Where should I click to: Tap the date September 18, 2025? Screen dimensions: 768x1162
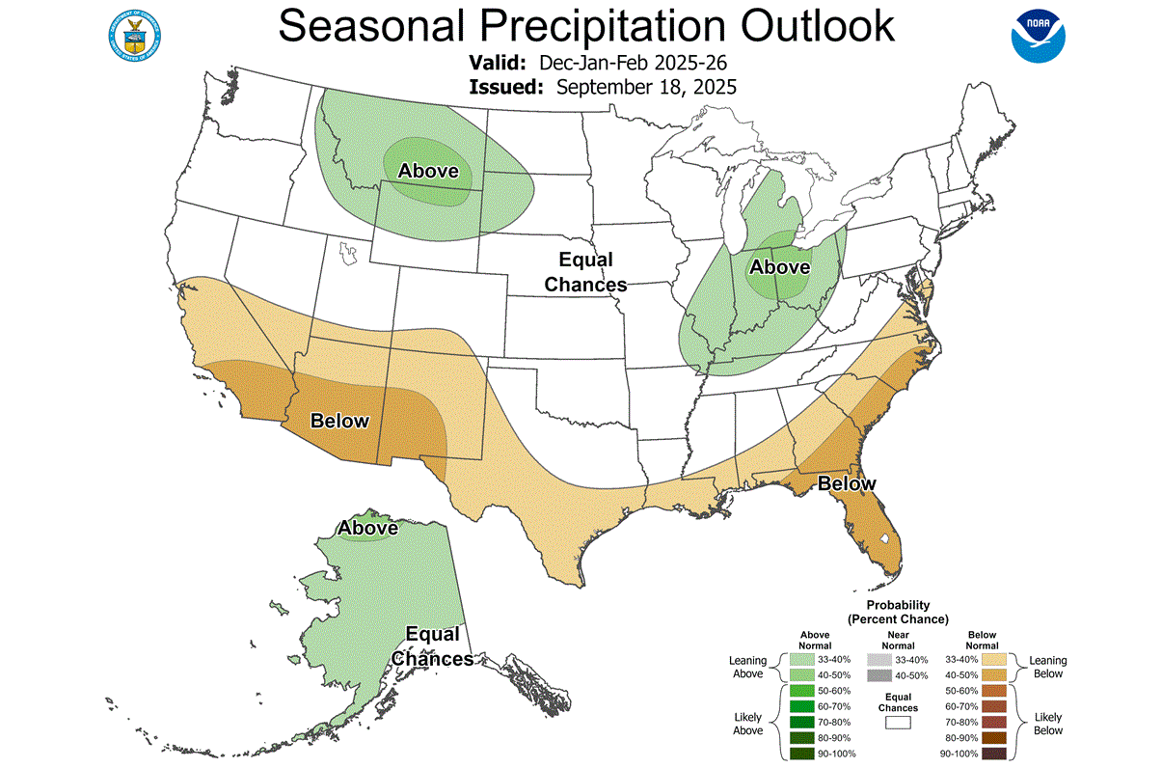[646, 87]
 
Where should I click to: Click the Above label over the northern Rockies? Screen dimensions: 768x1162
[428, 171]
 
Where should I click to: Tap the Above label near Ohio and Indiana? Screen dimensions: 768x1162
[780, 266]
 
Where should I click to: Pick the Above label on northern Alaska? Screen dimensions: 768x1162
[367, 529]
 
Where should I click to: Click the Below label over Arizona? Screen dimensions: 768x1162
[339, 421]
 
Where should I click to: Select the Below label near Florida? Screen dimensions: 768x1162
[847, 483]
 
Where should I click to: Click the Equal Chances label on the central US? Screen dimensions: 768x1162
[585, 272]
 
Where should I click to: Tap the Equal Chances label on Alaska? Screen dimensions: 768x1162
[432, 646]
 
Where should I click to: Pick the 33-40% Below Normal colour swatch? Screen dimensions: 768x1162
[993, 660]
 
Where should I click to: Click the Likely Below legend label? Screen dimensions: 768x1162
[1048, 724]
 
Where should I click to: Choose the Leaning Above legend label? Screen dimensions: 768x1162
[747, 667]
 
